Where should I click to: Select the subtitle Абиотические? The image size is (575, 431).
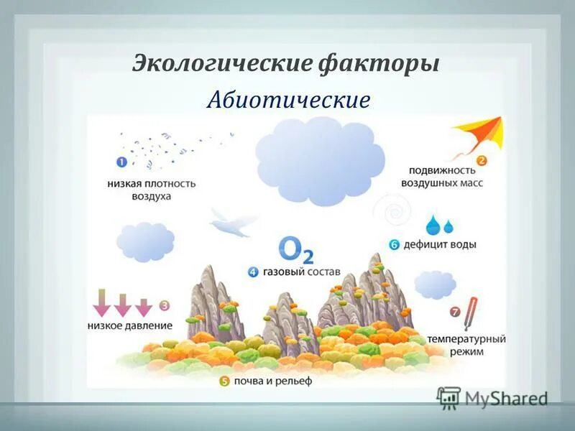click(x=288, y=100)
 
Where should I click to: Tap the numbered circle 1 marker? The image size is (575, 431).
click(x=121, y=162)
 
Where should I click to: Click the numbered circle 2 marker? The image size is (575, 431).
click(x=482, y=161)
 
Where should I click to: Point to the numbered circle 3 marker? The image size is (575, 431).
click(x=165, y=305)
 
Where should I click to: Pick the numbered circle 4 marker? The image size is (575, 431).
click(x=253, y=272)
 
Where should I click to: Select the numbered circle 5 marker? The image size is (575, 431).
click(x=224, y=381)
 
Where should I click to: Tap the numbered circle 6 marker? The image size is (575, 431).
click(x=394, y=244)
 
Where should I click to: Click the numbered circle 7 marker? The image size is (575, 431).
click(x=454, y=312)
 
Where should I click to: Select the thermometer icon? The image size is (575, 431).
click(x=471, y=313)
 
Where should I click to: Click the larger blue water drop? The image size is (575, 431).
click(x=433, y=224)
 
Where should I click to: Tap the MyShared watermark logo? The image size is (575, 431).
click(x=492, y=397)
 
